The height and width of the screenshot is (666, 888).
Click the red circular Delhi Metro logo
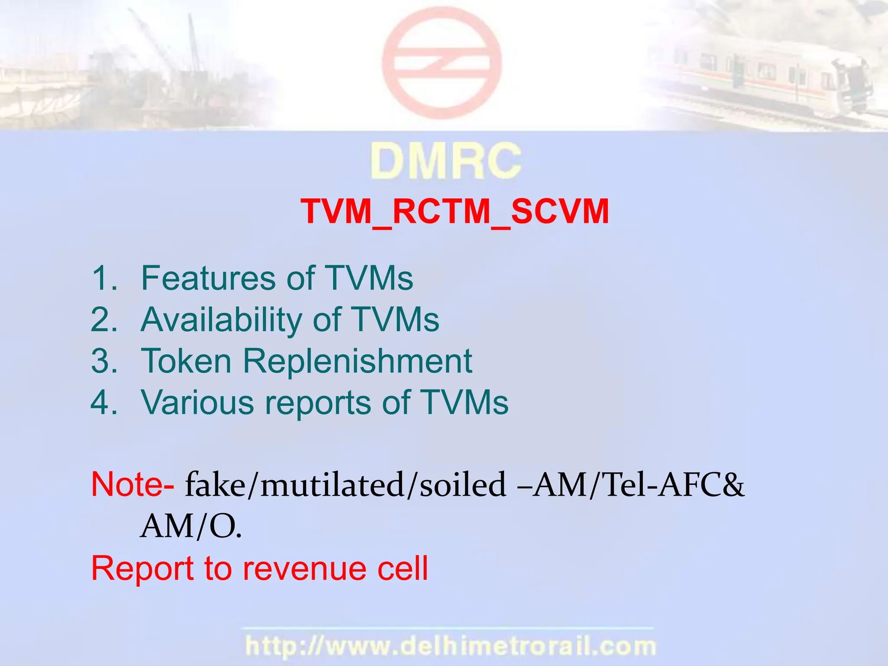click(x=441, y=63)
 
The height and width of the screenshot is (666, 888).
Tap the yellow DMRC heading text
click(x=445, y=161)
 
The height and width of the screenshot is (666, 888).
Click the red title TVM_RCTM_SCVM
click(x=454, y=212)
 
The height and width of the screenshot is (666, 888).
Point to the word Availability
click(x=221, y=320)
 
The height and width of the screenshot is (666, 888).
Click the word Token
click(x=186, y=361)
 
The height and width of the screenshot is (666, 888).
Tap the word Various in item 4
click(x=198, y=402)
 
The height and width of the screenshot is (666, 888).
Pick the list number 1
click(x=104, y=278)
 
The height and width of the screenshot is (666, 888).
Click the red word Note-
click(x=133, y=484)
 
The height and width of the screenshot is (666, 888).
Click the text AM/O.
click(x=191, y=526)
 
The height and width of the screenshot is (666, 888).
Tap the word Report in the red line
click(x=143, y=569)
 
